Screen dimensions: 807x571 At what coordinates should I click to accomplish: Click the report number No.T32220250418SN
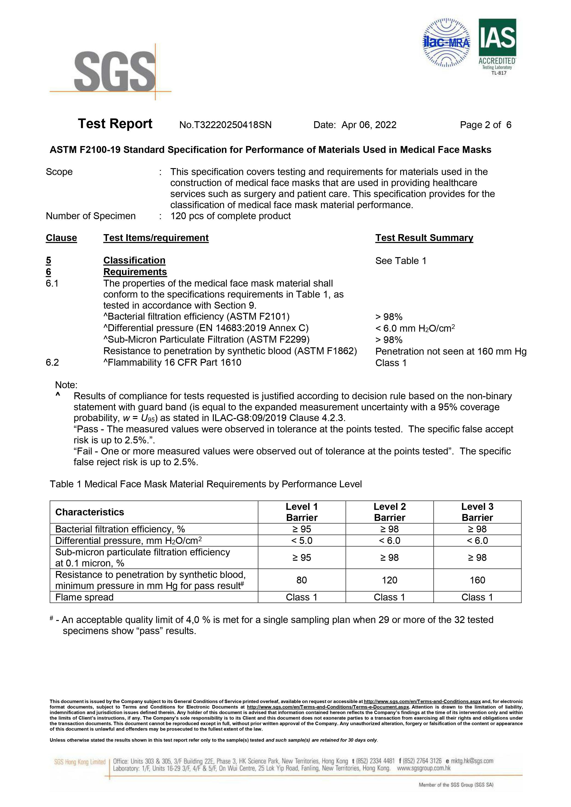(225, 125)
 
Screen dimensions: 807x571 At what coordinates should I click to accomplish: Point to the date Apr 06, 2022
(369, 125)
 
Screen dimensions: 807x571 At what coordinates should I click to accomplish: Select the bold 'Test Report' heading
(115, 124)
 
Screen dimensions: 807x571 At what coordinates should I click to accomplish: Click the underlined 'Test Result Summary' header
(424, 238)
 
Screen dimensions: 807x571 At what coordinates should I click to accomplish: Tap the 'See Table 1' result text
(400, 261)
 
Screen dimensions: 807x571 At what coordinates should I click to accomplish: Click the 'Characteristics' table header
(90, 512)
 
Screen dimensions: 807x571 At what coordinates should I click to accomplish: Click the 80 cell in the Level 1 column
(301, 580)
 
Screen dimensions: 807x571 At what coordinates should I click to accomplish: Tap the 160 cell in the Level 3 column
(477, 580)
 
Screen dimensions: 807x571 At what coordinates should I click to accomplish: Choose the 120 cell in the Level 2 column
(389, 580)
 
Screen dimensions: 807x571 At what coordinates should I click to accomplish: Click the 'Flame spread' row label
(84, 597)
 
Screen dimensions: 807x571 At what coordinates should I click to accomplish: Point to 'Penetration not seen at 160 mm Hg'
(451, 351)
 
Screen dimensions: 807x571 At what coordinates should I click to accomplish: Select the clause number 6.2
(52, 362)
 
